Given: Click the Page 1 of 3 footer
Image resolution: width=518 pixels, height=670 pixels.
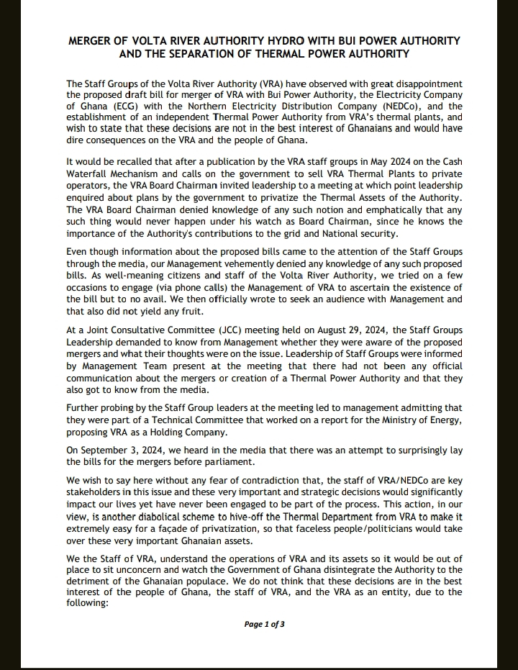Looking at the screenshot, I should pos(264,624).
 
